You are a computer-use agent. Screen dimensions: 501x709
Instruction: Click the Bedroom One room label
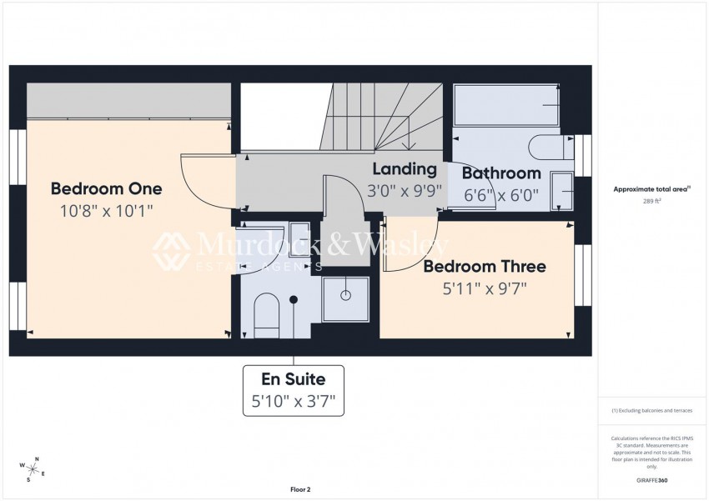click(x=106, y=188)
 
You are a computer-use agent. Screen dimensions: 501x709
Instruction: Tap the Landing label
click(x=404, y=169)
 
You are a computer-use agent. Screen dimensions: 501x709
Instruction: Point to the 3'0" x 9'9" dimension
click(x=404, y=191)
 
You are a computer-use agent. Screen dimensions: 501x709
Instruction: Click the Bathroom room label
click(x=501, y=173)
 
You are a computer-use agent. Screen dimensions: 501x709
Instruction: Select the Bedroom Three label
click(x=484, y=267)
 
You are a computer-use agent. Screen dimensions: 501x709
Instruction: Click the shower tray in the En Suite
click(x=344, y=298)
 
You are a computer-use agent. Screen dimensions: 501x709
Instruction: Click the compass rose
click(x=33, y=468)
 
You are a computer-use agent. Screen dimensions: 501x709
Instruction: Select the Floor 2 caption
click(x=299, y=489)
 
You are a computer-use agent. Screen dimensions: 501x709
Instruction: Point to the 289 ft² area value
click(x=651, y=202)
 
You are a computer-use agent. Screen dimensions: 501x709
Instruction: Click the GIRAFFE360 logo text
click(x=651, y=480)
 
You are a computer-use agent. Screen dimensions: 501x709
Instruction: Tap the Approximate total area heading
click(x=651, y=189)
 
